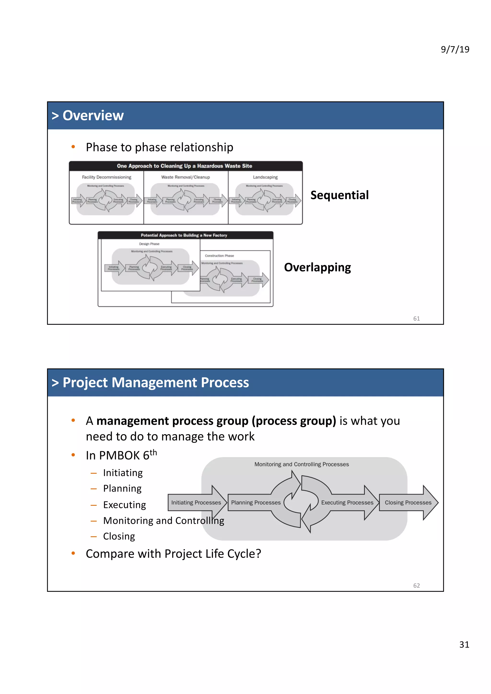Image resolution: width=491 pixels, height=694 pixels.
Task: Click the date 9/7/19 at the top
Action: point(455,49)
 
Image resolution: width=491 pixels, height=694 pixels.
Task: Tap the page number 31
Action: point(464,644)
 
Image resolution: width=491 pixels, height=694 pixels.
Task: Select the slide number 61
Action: point(416,318)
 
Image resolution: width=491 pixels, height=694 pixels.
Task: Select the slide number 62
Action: point(416,586)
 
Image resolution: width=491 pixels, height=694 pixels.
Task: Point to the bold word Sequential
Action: point(339,195)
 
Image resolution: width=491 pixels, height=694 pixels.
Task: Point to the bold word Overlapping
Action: point(317,267)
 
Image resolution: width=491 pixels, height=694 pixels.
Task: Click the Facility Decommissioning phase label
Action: point(106,177)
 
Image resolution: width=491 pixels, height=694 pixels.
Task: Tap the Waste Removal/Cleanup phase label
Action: point(186,177)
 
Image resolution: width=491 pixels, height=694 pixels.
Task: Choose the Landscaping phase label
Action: point(265,177)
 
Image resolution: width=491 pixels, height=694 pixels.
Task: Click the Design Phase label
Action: point(149,244)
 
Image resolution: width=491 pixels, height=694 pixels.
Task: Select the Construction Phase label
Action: point(219,256)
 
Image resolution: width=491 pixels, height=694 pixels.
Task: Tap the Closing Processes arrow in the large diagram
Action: point(408,502)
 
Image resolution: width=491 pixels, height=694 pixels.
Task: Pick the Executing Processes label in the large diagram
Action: point(347,502)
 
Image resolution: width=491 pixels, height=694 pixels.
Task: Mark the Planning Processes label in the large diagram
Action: point(256,502)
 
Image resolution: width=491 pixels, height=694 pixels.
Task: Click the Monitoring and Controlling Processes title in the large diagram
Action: point(301,464)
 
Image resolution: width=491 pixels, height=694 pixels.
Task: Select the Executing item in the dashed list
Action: point(124,505)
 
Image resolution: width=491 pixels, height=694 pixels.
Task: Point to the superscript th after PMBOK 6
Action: point(153,453)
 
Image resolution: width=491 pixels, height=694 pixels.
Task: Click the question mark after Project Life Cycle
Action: point(258,554)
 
